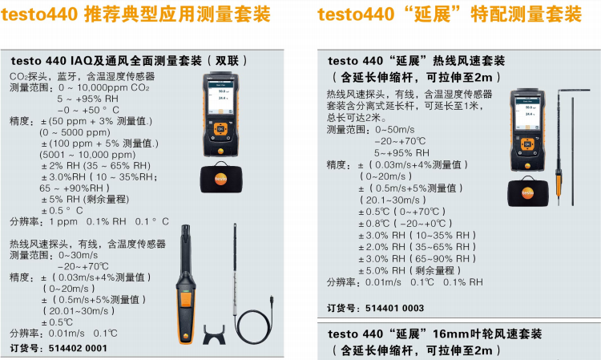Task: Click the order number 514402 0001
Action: pos(78,349)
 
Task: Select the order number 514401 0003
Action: pos(394,308)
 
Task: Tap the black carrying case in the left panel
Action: pos(221,177)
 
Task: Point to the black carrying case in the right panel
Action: pos(528,192)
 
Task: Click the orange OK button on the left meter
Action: pos(220,129)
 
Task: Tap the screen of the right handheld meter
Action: pos(527,113)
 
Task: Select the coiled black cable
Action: pos(254,319)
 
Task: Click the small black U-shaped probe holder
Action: pos(214,334)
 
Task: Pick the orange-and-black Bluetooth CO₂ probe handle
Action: pos(186,285)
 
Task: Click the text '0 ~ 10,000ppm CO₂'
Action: pos(104,88)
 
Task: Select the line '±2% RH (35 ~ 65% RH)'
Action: pos(96,166)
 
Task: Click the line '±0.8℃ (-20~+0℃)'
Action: pos(405,223)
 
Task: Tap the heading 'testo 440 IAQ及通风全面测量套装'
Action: pos(106,61)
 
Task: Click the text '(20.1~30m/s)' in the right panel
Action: pos(393,200)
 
